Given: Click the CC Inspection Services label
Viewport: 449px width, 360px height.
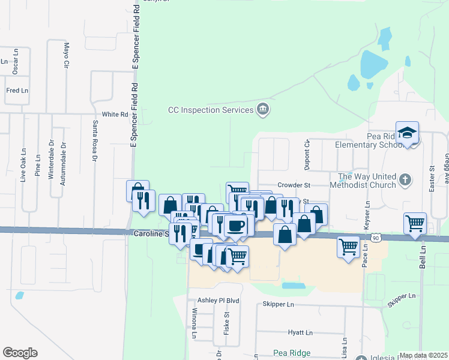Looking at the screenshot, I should click(210, 110).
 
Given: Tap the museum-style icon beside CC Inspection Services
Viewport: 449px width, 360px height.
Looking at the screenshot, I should click(262, 109).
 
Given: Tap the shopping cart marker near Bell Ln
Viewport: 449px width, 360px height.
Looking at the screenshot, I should click(415, 224).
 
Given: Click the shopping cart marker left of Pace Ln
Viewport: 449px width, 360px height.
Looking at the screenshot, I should click(348, 246).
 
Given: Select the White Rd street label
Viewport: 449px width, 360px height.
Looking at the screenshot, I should click(115, 114).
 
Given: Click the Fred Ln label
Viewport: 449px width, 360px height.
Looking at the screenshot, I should click(17, 91).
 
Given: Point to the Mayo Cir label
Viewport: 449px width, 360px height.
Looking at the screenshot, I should click(66, 55).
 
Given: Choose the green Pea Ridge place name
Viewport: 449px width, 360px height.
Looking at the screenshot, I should click(291, 352).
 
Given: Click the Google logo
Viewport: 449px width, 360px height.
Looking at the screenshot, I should click(20, 353).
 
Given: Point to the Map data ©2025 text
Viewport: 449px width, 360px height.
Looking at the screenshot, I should click(423, 355).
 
